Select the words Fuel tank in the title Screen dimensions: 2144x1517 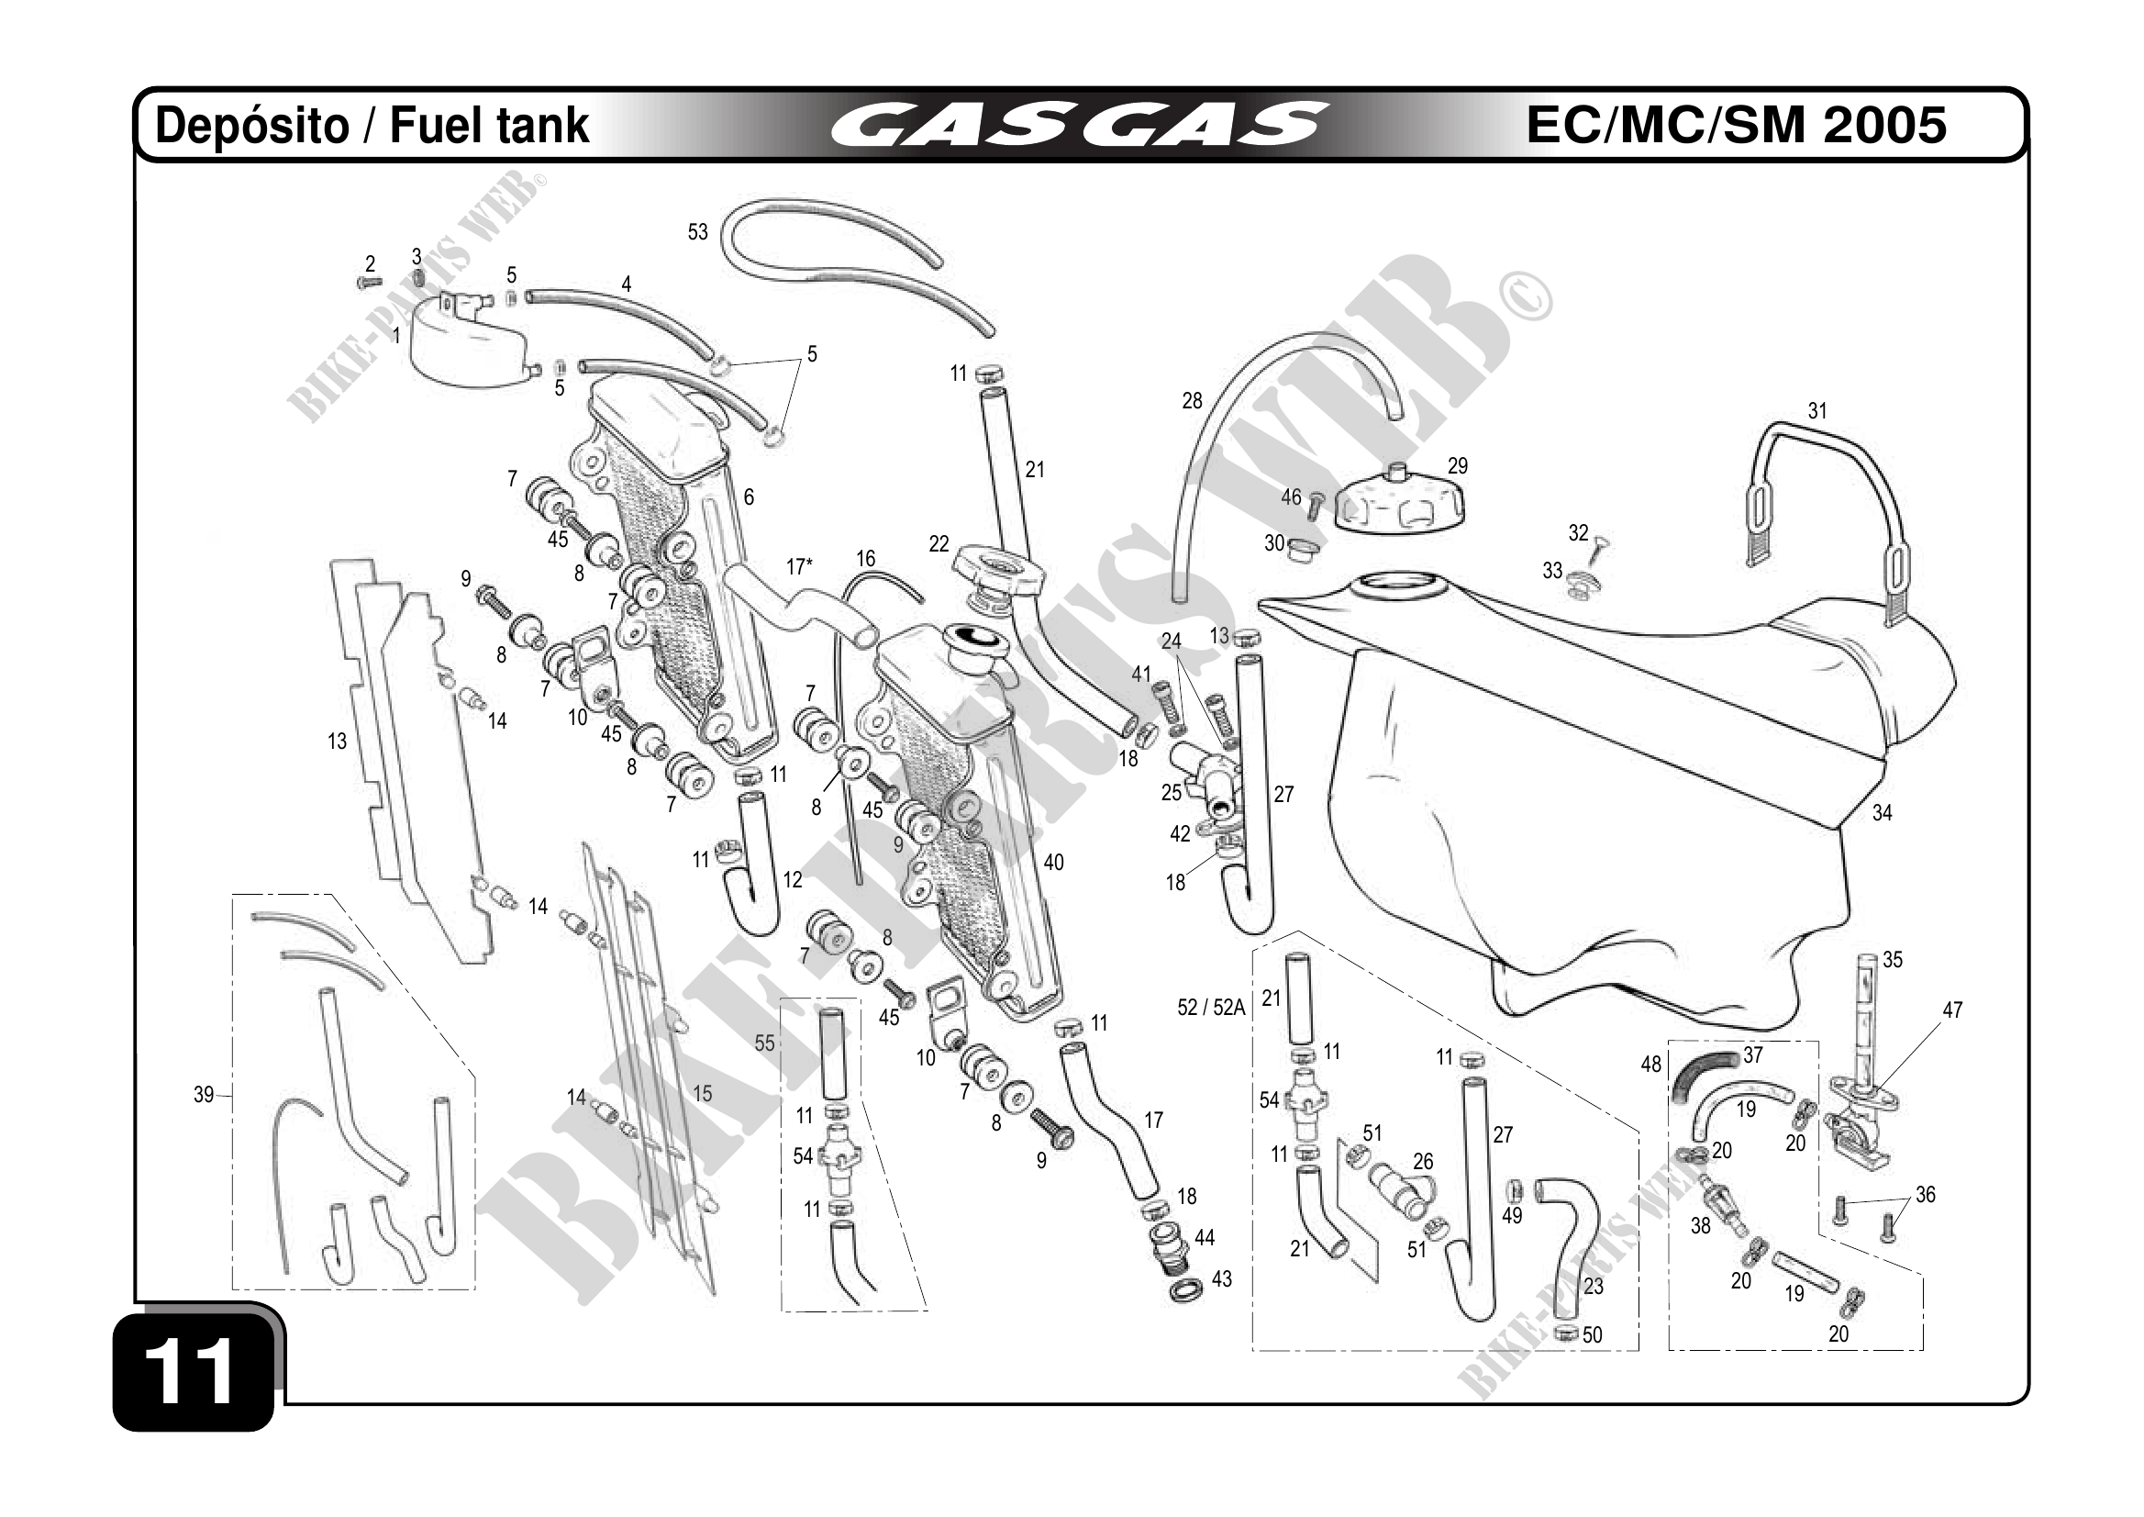click(x=489, y=125)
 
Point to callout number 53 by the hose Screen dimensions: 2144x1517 click(x=697, y=231)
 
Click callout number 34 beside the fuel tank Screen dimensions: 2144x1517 click(x=1882, y=813)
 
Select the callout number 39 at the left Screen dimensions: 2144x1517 click(x=204, y=1094)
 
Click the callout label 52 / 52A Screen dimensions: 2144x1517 click(x=1211, y=1007)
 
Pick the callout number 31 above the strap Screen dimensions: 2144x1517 click(x=1817, y=411)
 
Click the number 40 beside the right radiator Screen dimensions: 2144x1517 click(x=1053, y=862)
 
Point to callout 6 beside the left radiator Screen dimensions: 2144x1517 click(x=749, y=497)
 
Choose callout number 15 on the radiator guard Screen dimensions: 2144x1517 click(x=702, y=1093)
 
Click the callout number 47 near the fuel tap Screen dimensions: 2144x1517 click(x=1952, y=1009)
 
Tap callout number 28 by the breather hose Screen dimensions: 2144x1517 click(x=1192, y=401)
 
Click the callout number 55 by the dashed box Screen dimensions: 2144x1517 click(x=765, y=1043)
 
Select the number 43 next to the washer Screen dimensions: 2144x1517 click(x=1221, y=1278)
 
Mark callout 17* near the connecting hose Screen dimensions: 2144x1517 click(x=799, y=567)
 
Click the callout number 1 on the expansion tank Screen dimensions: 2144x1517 click(x=396, y=334)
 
